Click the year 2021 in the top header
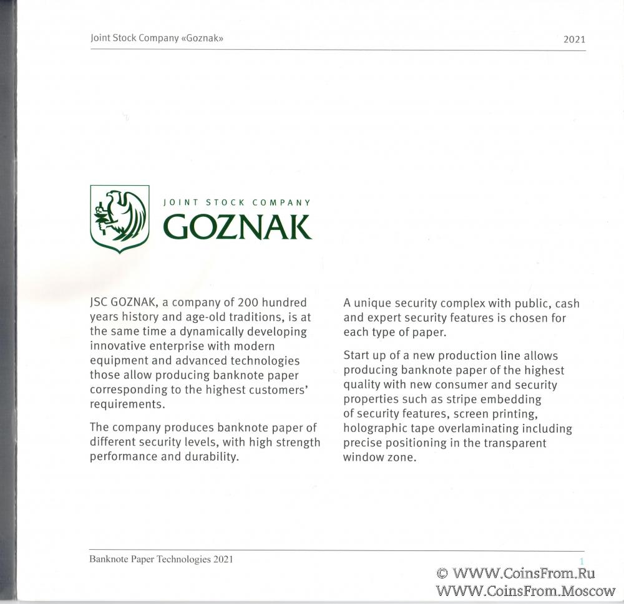point(574,39)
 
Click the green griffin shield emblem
point(120,218)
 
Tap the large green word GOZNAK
point(237,228)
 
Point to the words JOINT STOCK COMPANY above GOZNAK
point(236,203)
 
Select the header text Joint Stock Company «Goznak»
point(157,38)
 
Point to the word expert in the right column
point(388,318)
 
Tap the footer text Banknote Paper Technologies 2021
point(161,559)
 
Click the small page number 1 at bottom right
point(582,562)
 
